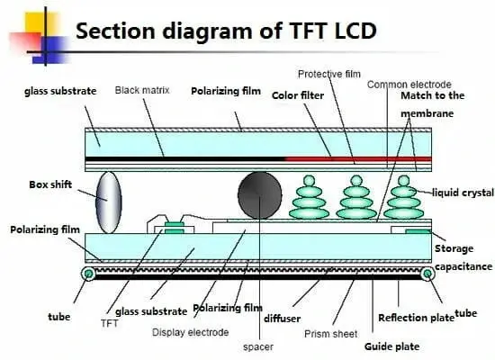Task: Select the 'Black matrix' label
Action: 142,91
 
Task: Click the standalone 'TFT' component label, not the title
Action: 110,321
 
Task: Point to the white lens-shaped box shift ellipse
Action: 109,200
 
